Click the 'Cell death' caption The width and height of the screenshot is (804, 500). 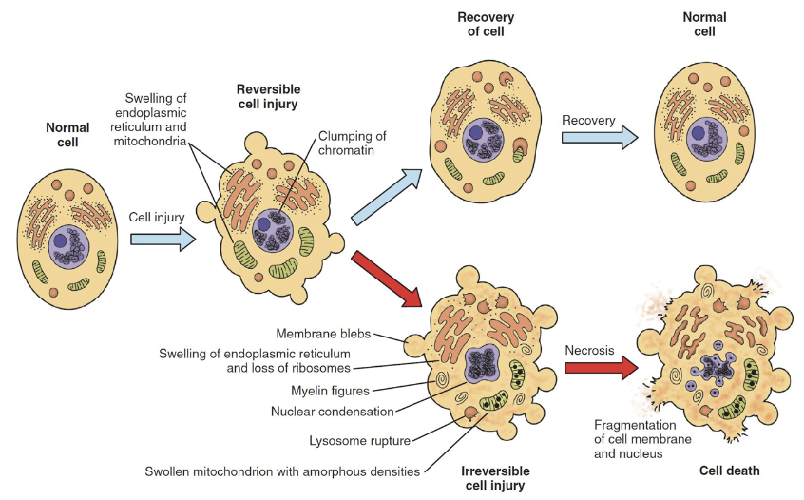[730, 471]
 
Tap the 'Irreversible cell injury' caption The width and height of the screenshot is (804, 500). [494, 478]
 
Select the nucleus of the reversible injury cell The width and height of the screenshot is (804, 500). [278, 227]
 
